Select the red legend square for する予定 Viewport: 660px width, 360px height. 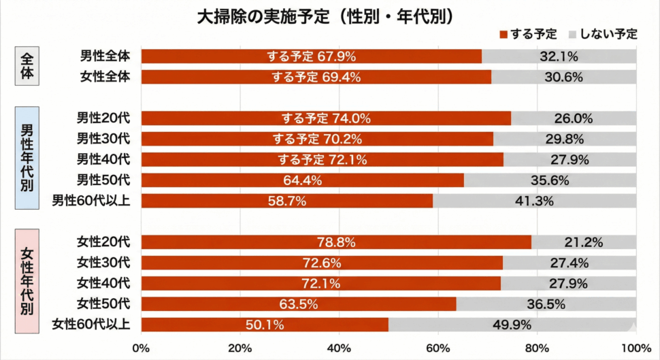504,34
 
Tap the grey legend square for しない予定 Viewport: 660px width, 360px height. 572,34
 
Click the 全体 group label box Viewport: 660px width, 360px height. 27,66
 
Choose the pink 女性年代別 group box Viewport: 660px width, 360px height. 27,280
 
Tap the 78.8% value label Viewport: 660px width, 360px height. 336,242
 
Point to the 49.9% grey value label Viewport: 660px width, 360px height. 511,325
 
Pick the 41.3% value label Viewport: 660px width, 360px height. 533,201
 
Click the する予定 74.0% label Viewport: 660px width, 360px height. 326,118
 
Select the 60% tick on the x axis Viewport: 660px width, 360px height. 438,348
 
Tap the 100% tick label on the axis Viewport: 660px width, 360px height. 636,348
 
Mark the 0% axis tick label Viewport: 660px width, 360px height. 141,348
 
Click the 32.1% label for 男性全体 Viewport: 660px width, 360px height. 559,56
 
